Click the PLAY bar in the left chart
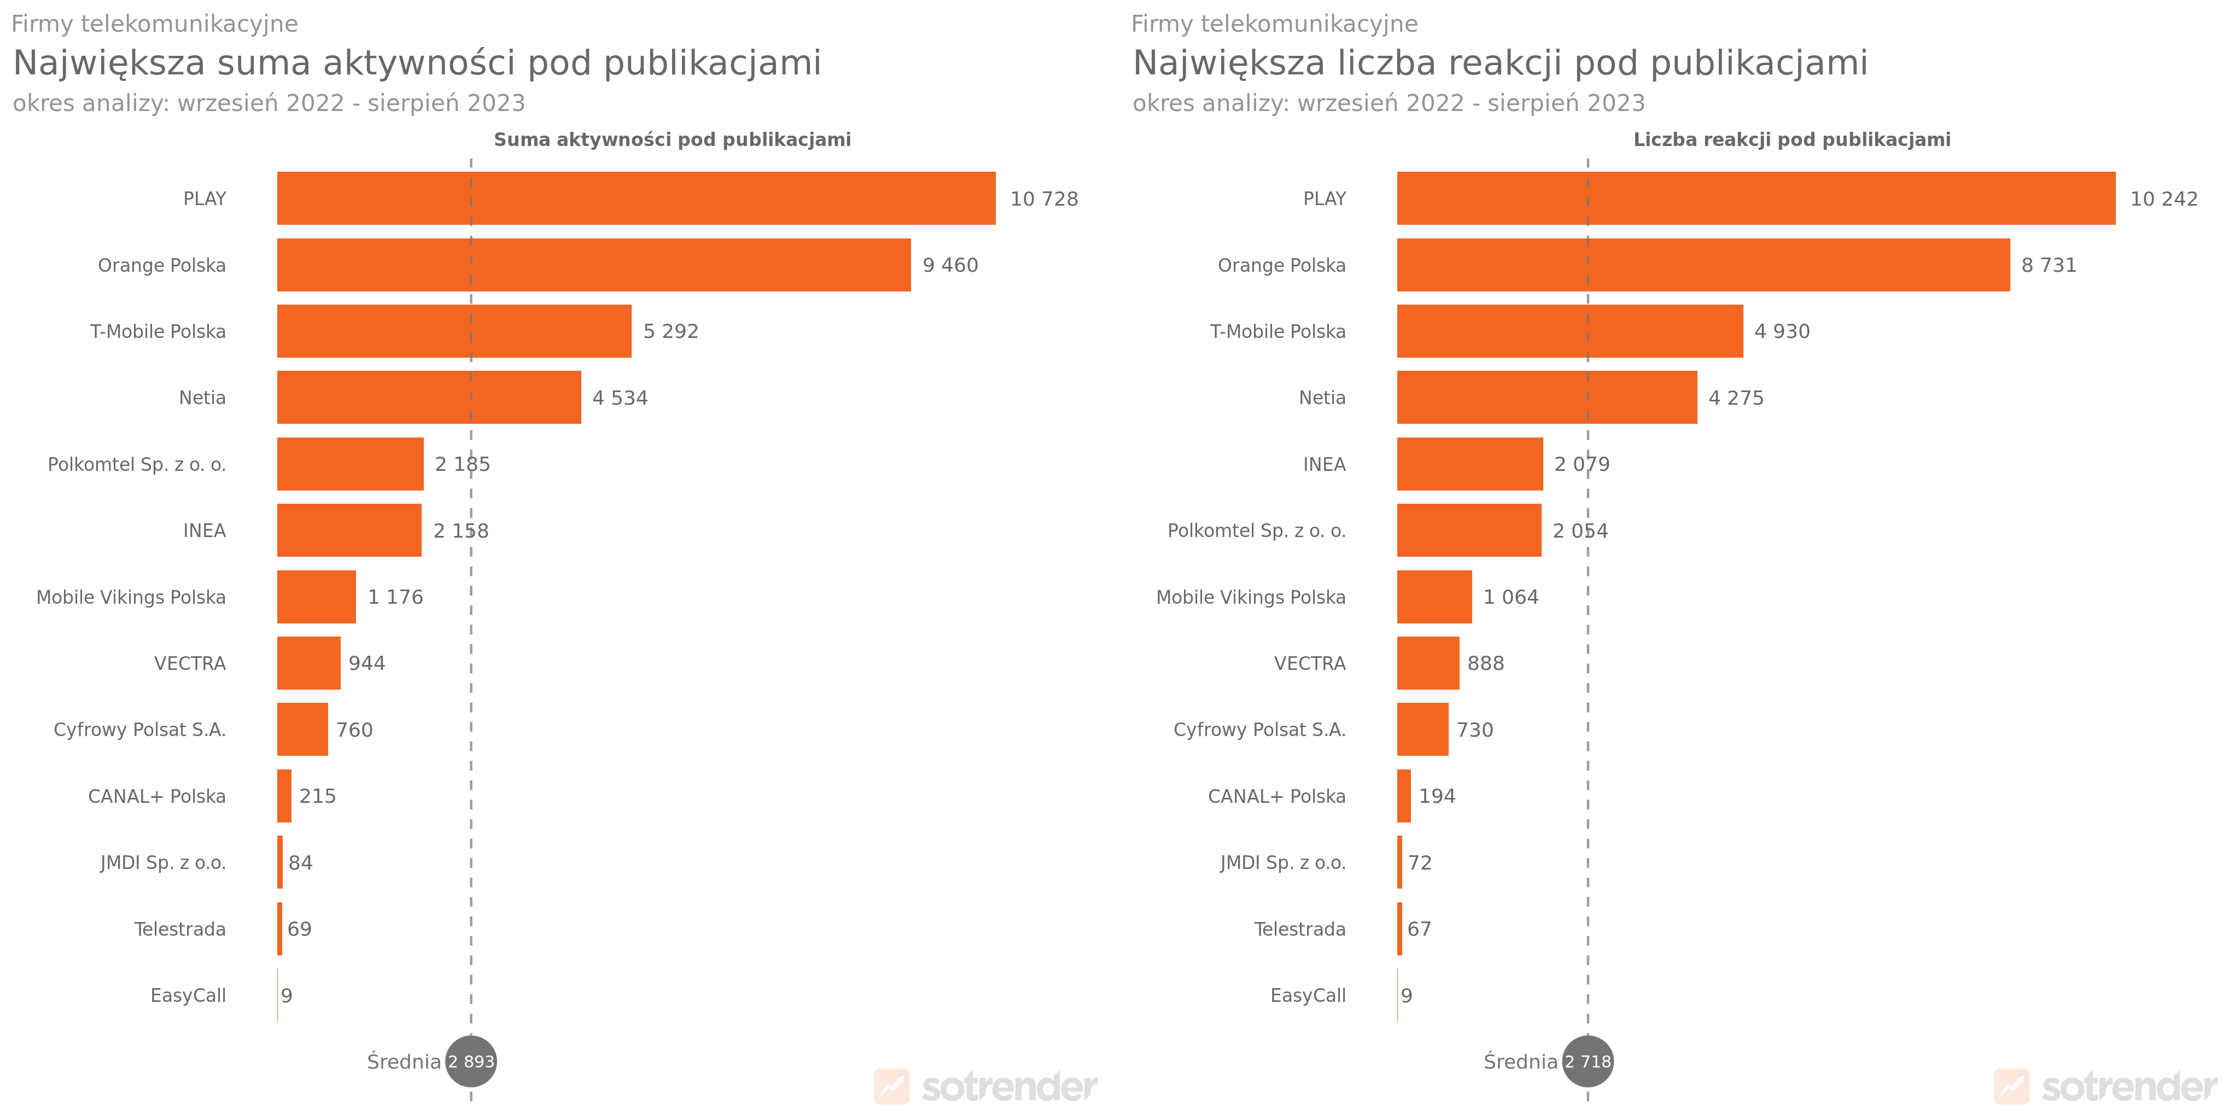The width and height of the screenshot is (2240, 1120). [x=635, y=199]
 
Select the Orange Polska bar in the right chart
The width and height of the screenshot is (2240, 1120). [x=1702, y=265]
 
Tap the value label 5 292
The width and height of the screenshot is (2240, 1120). [x=670, y=331]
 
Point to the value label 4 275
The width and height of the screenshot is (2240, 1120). [x=1736, y=398]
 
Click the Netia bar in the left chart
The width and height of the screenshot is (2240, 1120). [x=429, y=398]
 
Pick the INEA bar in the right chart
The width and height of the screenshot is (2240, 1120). [x=1469, y=464]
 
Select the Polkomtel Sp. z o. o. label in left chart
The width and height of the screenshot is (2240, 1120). [x=137, y=464]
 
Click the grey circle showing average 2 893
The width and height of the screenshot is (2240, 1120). [x=471, y=1061]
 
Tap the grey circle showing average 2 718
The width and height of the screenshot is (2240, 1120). [x=1588, y=1061]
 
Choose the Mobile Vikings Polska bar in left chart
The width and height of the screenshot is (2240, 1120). [x=317, y=597]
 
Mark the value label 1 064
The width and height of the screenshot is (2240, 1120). [x=1510, y=597]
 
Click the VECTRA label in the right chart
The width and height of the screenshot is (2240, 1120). [x=1310, y=663]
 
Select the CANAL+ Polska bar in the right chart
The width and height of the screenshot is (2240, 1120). [x=1403, y=796]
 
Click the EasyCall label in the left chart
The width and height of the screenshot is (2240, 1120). [x=188, y=996]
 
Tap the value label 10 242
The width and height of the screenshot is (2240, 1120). [x=2163, y=199]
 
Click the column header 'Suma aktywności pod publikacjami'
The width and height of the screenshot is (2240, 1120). [x=672, y=140]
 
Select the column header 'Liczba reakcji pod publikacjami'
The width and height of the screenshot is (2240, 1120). [x=1792, y=140]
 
